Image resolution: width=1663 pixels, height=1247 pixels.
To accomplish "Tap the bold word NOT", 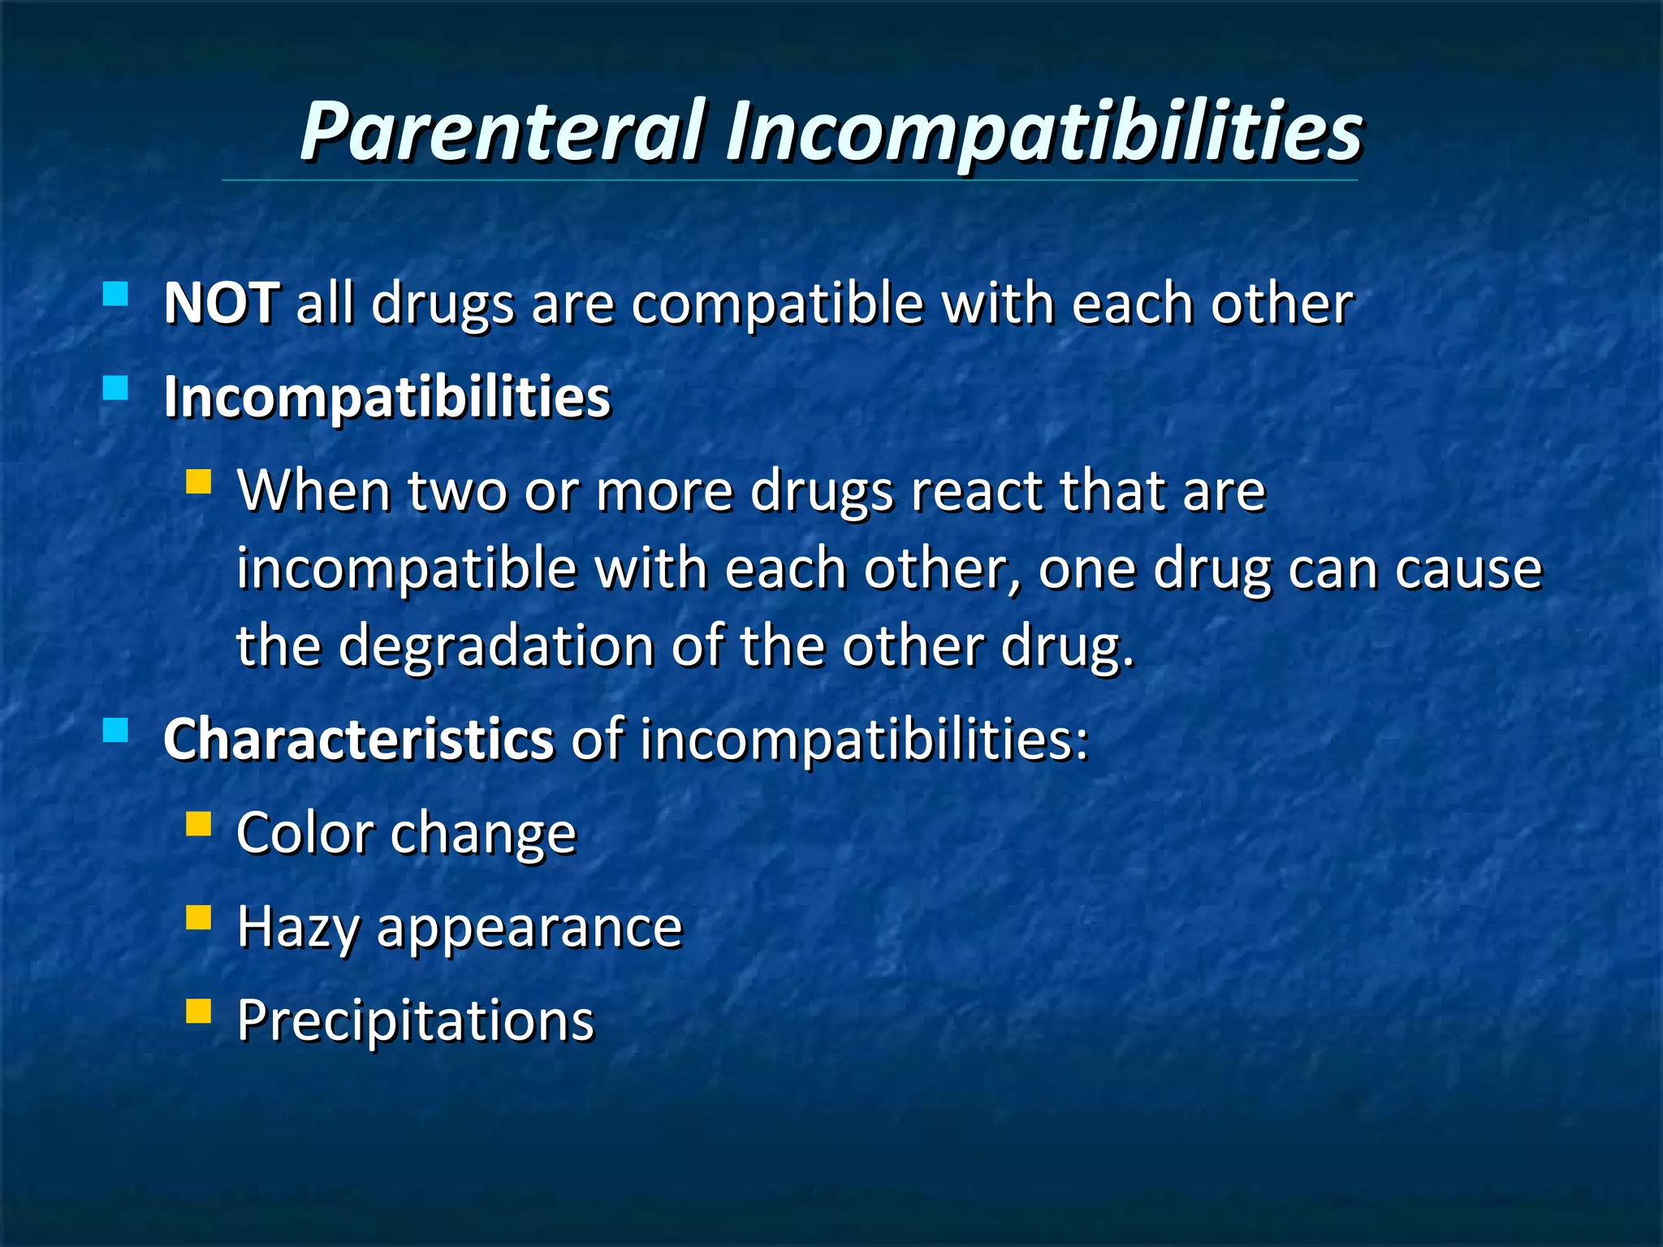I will (222, 304).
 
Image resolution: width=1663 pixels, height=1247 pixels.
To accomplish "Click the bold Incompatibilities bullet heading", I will (387, 397).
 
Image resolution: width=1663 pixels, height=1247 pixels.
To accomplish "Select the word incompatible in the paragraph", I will (405, 568).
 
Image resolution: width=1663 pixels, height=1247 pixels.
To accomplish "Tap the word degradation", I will (495, 646).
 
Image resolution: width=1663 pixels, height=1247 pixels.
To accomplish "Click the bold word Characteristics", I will (358, 740).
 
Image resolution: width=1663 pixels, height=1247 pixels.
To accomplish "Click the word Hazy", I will (297, 927).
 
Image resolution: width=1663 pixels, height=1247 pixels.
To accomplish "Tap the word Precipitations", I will (415, 1020).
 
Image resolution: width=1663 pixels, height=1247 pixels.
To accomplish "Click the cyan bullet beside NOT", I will (116, 293).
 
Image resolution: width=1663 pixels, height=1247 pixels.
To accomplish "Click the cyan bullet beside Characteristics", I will (116, 730).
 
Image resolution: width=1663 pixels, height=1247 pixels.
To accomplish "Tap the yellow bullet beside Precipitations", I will (198, 1012).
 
